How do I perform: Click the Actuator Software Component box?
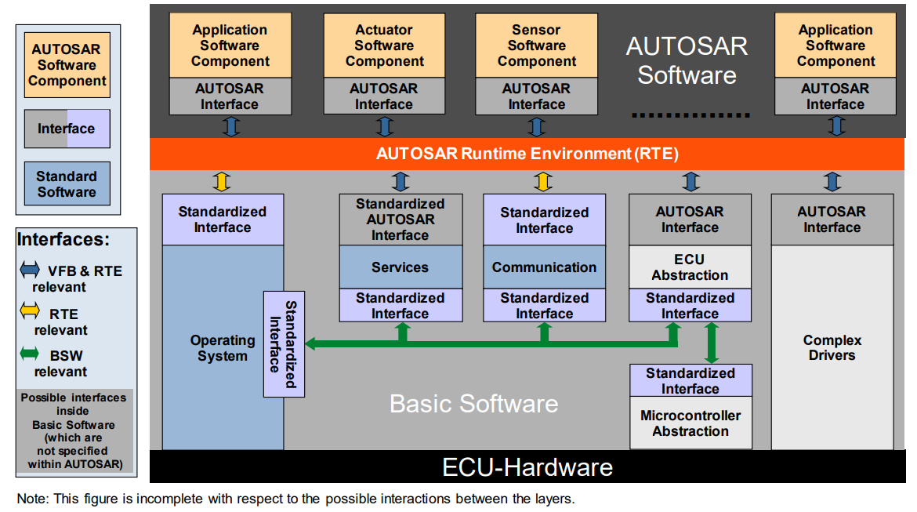point(384,45)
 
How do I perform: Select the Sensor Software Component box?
point(536,45)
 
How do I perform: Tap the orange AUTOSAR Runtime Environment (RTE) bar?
point(527,154)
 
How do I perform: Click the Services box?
point(400,267)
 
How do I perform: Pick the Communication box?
point(544,267)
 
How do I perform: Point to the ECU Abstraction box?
point(690,267)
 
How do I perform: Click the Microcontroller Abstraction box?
point(690,423)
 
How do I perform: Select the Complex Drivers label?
point(832,348)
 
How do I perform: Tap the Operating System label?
point(223,348)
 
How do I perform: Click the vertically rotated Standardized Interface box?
point(283,344)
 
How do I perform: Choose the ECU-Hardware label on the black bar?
point(527,468)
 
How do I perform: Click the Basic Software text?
point(473,404)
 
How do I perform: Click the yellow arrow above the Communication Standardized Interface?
point(542,182)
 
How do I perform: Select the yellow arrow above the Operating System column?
point(222,182)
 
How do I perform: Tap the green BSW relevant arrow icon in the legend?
point(28,354)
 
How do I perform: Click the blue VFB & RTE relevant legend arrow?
point(28,271)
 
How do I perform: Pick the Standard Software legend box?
point(67,184)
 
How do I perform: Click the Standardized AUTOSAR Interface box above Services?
point(400,220)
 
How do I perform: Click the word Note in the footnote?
point(31,499)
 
